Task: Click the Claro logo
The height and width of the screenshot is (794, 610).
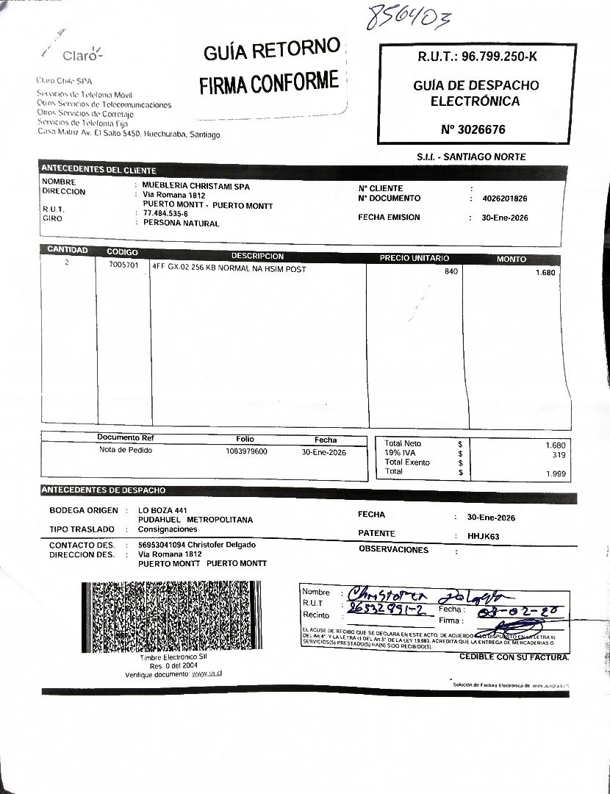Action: tap(79, 55)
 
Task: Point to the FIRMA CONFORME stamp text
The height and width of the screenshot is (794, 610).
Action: tap(269, 82)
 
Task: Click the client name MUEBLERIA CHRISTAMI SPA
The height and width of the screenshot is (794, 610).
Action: tap(196, 187)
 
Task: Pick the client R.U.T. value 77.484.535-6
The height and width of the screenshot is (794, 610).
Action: tap(165, 214)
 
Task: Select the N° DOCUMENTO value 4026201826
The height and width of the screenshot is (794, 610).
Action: tap(505, 198)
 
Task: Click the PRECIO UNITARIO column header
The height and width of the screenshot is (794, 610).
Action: tap(414, 259)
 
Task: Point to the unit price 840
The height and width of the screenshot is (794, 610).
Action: tap(451, 272)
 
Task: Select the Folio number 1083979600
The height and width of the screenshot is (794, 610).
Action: tap(247, 451)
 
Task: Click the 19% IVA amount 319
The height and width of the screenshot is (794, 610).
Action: tap(558, 456)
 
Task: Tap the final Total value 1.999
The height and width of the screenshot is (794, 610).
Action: tap(555, 475)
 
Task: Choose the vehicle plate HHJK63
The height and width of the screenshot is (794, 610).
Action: tap(483, 537)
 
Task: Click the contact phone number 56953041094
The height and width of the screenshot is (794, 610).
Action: tap(161, 545)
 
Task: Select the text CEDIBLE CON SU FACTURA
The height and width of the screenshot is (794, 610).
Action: tap(514, 657)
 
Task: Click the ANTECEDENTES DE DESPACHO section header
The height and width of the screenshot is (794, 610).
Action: tap(104, 490)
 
